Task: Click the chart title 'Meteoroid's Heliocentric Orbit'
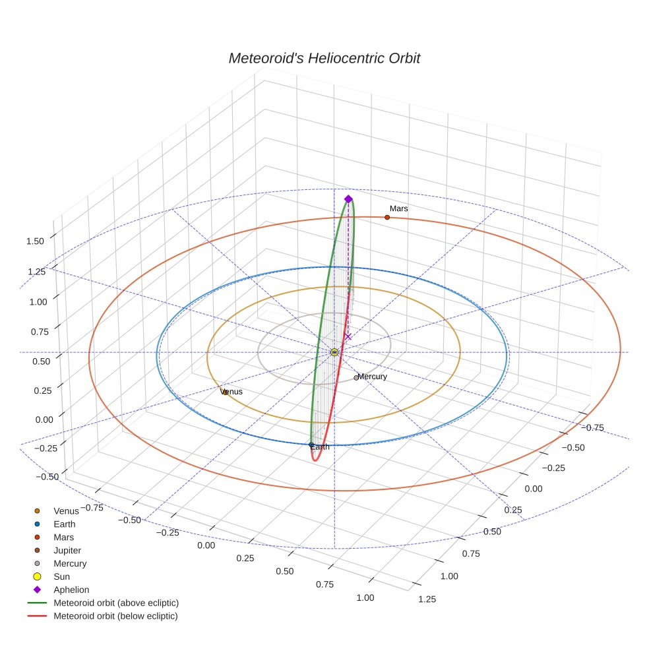click(x=324, y=58)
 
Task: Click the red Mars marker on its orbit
click(x=387, y=217)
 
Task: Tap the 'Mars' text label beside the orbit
click(x=398, y=208)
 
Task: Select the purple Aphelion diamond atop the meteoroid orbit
click(x=348, y=199)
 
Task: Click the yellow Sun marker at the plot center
click(x=334, y=352)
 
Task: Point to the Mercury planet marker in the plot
click(x=356, y=378)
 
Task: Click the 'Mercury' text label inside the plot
click(x=373, y=377)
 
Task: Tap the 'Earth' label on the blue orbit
click(x=320, y=447)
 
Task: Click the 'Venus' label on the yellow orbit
click(x=232, y=392)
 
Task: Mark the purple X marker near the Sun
click(x=348, y=337)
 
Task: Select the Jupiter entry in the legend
click(x=67, y=550)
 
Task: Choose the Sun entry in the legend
click(x=61, y=576)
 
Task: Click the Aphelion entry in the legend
click(x=71, y=590)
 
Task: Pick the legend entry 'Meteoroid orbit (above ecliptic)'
click(x=116, y=603)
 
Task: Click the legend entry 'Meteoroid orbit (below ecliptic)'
click(x=115, y=616)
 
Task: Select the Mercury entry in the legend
click(x=70, y=563)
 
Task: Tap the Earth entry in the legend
click(x=64, y=524)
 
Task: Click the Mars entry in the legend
click(x=63, y=538)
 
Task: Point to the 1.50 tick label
click(x=35, y=241)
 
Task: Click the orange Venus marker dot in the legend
click(x=37, y=511)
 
